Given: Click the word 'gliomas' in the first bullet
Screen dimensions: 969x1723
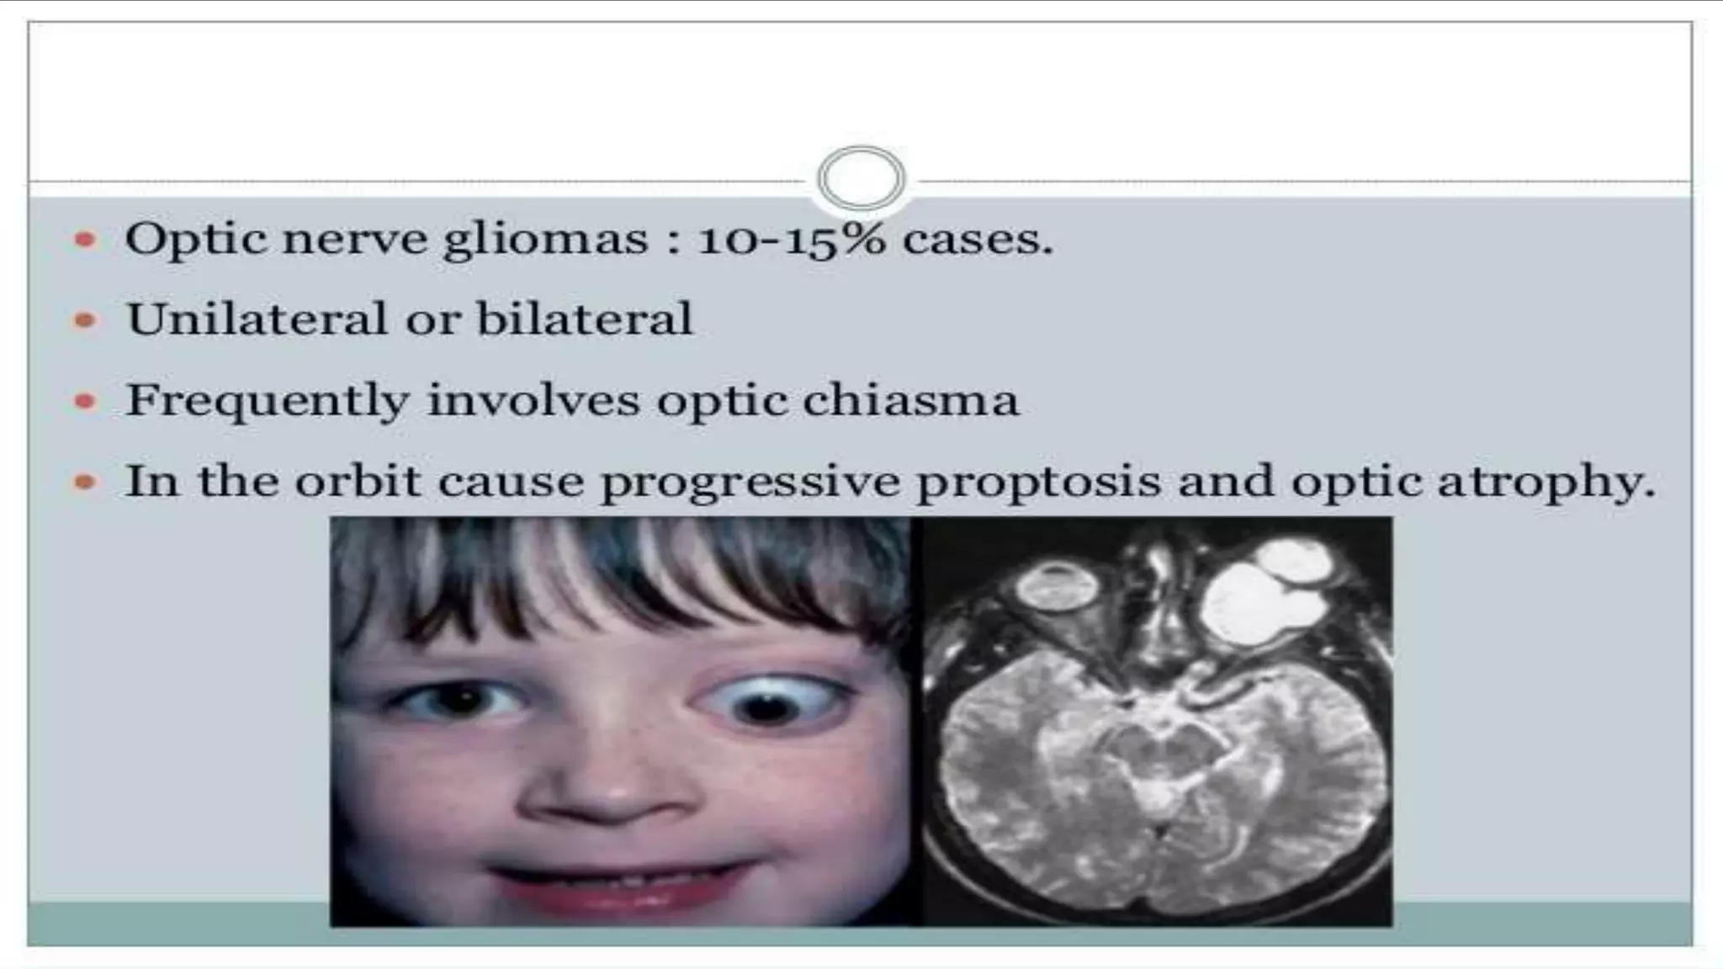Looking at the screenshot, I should coord(545,241).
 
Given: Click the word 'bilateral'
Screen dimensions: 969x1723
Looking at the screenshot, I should coord(584,320).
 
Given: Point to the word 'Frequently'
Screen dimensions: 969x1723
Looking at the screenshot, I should coord(267,400).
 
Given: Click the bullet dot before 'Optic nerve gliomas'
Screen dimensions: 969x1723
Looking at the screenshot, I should coord(85,241).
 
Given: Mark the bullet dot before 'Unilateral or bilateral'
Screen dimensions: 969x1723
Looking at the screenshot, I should coord(85,320).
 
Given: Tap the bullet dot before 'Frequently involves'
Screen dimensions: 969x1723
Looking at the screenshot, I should coord(85,401).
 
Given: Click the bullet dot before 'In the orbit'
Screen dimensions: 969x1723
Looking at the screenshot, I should coord(85,482).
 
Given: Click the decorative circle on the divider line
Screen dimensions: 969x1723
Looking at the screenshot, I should coord(861,178).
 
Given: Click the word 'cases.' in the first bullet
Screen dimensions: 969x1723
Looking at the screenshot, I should coord(978,241).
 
